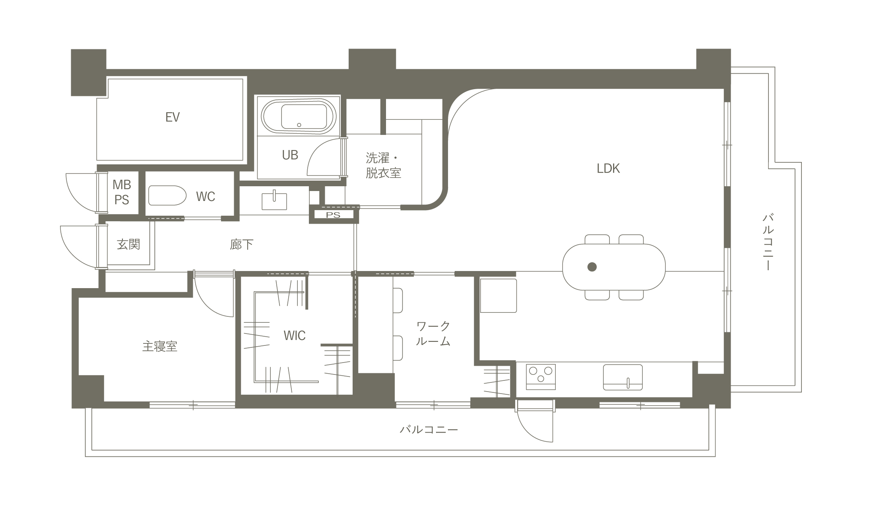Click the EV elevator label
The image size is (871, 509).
(x=173, y=117)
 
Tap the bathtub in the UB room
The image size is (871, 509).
(x=299, y=117)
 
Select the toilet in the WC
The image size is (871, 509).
(x=167, y=195)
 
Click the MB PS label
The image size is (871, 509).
(x=122, y=192)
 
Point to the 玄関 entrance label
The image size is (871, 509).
(x=128, y=244)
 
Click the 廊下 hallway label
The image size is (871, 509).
(x=241, y=244)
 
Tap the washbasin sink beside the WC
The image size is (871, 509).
(x=274, y=201)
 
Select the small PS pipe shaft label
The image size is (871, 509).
(x=333, y=215)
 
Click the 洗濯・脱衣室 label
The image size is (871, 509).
(x=383, y=165)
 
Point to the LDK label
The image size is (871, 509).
(x=608, y=168)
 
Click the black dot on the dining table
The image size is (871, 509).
(x=592, y=267)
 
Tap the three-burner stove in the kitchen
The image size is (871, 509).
(x=541, y=377)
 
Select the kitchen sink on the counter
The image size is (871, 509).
(x=623, y=377)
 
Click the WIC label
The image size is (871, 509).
(x=295, y=335)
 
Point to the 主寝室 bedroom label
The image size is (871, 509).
(x=160, y=346)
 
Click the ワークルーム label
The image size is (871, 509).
(x=433, y=333)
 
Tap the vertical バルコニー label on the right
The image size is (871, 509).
(x=768, y=242)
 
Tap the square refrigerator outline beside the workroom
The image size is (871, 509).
(x=499, y=296)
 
